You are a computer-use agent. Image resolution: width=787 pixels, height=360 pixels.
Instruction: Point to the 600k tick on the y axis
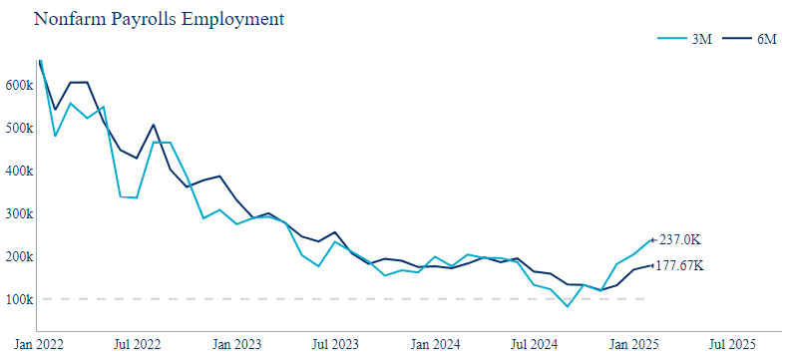[x=18, y=86]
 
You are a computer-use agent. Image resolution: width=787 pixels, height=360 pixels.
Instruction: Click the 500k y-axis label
[x=18, y=129]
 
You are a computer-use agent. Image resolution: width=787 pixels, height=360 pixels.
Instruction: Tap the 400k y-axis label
[x=18, y=172]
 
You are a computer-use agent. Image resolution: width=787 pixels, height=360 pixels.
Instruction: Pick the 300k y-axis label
[x=18, y=214]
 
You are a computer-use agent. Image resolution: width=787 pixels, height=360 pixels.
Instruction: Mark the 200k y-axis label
[x=18, y=257]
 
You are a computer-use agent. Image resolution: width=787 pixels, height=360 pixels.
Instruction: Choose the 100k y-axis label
[x=18, y=299]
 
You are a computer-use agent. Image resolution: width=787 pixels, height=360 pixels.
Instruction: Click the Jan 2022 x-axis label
[x=39, y=344]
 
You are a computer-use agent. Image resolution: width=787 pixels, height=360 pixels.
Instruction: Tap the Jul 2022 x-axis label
[x=138, y=344]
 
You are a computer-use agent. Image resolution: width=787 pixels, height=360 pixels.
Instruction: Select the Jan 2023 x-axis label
[x=237, y=344]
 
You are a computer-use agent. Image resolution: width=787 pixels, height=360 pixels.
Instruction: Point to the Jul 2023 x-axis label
[x=335, y=344]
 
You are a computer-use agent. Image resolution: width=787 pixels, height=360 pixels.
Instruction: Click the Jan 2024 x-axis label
[x=435, y=344]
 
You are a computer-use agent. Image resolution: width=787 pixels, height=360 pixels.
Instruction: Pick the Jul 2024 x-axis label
[x=534, y=344]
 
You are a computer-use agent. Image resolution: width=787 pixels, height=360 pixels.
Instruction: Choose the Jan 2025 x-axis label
[x=633, y=344]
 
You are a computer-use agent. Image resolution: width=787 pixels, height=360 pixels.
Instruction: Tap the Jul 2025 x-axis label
[x=732, y=344]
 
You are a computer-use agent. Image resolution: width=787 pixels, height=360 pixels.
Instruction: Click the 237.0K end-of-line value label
[x=679, y=239]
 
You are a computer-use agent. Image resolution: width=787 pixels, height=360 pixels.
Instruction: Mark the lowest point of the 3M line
[x=568, y=306]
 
